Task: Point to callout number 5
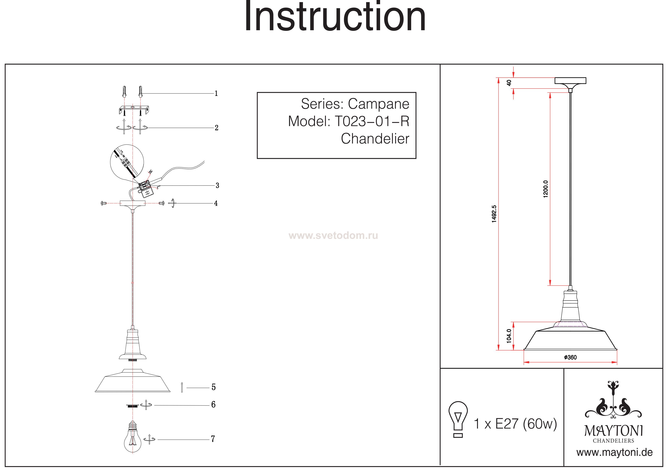(x=213, y=387)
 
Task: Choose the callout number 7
(x=213, y=439)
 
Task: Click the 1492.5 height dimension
(x=494, y=214)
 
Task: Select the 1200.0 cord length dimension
(x=545, y=189)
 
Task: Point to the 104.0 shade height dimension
(x=509, y=336)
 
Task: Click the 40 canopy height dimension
(x=509, y=83)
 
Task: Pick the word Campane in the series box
(x=379, y=104)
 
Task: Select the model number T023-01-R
(x=372, y=121)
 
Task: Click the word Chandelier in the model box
(x=375, y=139)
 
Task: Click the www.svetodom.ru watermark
(x=333, y=236)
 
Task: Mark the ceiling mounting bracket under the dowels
(x=133, y=110)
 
